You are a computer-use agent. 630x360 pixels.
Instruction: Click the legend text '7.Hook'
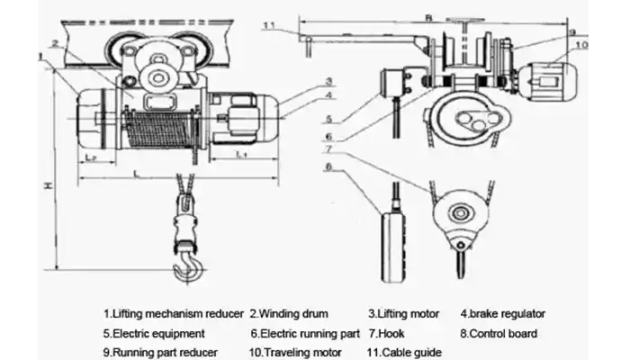(x=387, y=333)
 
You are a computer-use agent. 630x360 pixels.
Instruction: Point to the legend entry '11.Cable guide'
(x=403, y=352)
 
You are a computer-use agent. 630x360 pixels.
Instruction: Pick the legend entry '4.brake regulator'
(x=503, y=314)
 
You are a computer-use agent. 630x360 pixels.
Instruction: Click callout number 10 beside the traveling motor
(x=581, y=43)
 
